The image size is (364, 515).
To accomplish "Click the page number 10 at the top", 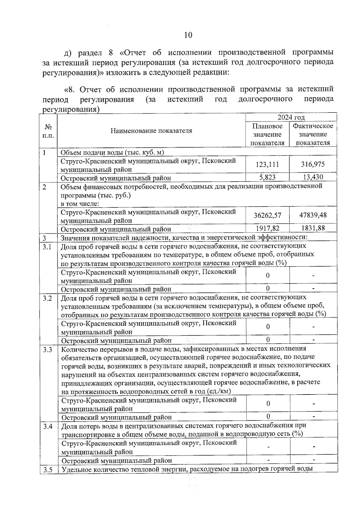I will click(188, 35).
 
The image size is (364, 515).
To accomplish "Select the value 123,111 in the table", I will click(267, 164).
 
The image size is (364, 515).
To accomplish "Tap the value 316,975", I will click(313, 164).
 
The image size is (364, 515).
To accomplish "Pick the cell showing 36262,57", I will click(267, 215).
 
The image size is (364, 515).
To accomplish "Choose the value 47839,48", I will click(313, 215).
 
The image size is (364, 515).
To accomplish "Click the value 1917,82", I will click(267, 228).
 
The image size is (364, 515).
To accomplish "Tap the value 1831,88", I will click(313, 228).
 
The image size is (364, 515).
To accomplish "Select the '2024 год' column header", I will click(291, 117).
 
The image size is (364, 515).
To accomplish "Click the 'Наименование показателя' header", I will click(151, 131).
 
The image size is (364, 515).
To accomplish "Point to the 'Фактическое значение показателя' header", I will click(313, 134).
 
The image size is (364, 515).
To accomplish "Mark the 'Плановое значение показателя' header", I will click(267, 134).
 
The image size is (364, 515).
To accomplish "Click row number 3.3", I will click(47, 350).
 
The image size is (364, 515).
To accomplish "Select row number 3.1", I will click(47, 247).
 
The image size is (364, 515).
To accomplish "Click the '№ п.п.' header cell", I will click(48, 131).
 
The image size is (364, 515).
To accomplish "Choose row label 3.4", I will click(48, 427).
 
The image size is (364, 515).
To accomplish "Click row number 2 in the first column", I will click(44, 187).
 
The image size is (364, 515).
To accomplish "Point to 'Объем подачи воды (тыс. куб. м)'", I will click(112, 153).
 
